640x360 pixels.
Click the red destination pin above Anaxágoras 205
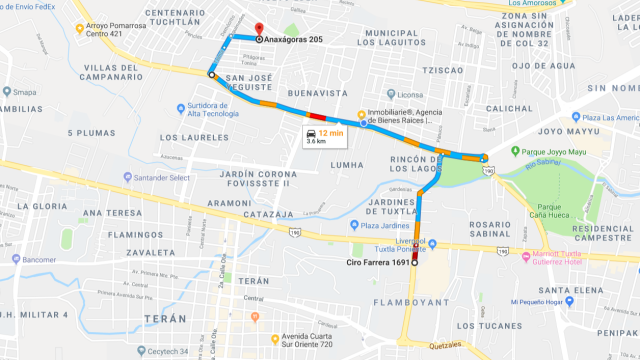coord(257,28)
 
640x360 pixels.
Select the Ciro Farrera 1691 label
coord(378,263)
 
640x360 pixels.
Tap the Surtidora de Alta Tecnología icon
coord(180,108)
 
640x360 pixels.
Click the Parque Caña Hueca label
coord(550,211)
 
